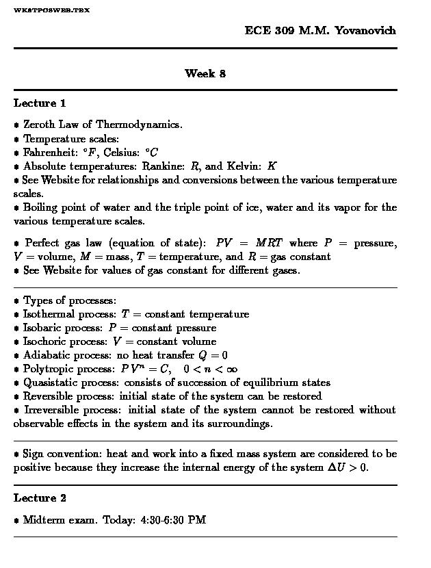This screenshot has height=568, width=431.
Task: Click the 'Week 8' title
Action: tap(205, 73)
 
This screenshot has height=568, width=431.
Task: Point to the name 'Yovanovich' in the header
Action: tap(365, 31)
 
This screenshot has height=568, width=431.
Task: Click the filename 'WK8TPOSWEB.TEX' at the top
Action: tap(51, 10)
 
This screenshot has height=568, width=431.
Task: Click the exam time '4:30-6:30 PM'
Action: tap(173, 520)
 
